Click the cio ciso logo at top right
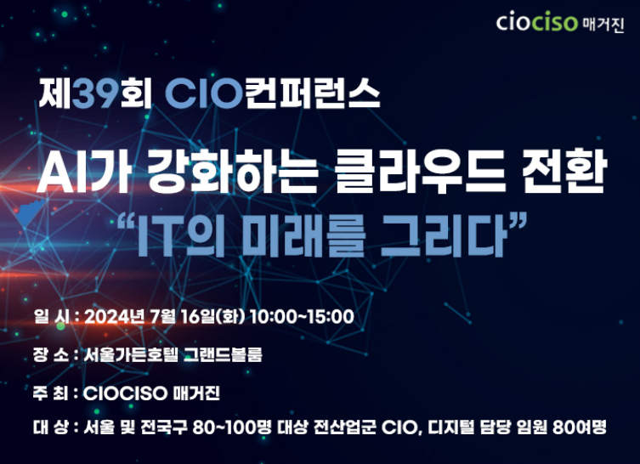point(560,22)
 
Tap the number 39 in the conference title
point(95,93)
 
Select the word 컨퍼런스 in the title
point(313,93)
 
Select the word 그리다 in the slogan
point(444,235)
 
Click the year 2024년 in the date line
point(115,317)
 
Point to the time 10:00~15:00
point(302,317)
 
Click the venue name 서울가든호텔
point(131,354)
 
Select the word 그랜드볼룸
point(223,354)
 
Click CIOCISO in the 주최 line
point(125,393)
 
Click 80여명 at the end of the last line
point(580,427)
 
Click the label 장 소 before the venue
point(51,354)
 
